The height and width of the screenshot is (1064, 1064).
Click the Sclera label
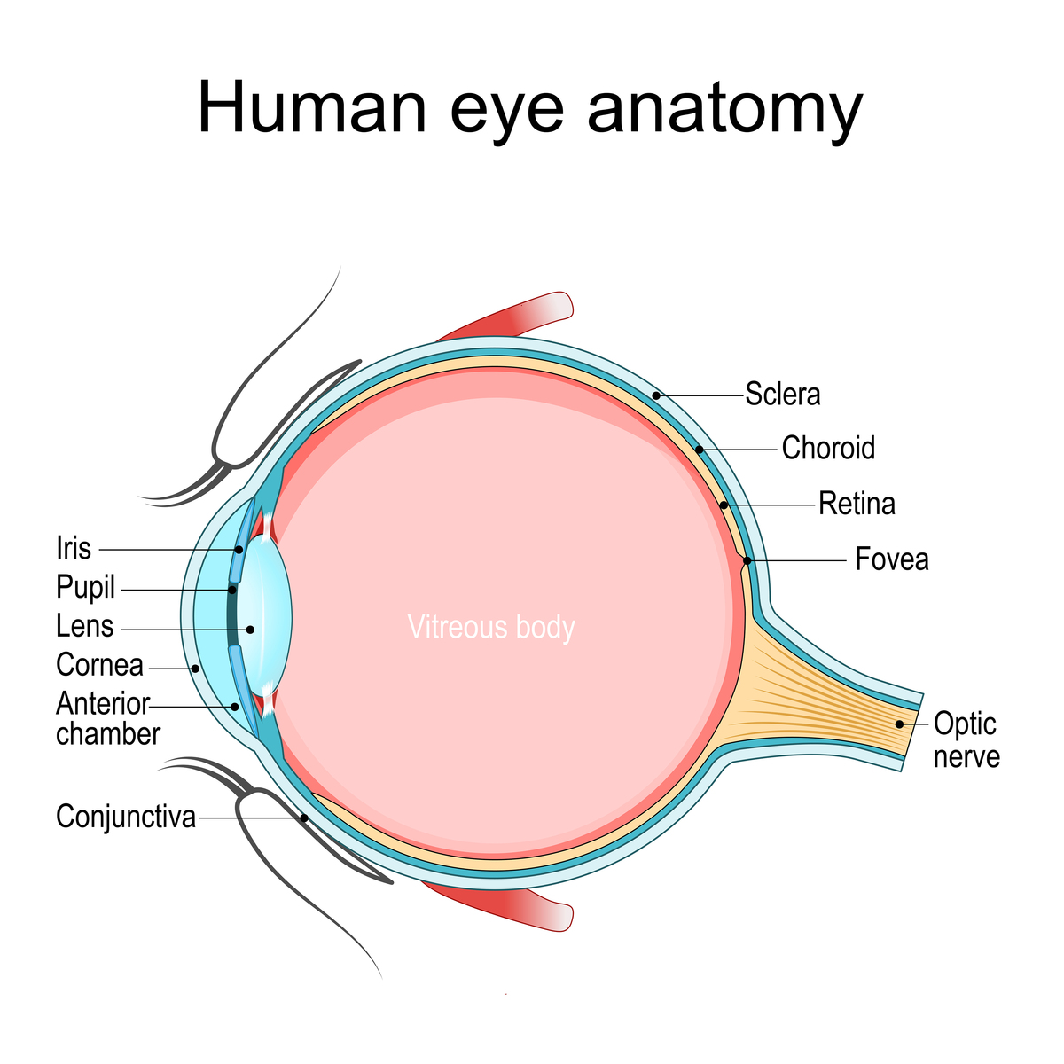point(782,395)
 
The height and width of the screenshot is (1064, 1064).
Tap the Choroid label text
point(828,448)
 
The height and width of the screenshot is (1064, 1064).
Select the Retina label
point(857,504)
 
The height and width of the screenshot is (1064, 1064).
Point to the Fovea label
point(892,559)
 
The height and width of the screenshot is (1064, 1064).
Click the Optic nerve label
point(966,739)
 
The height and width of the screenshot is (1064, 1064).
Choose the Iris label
point(74,548)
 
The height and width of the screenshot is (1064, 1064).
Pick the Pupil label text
point(86,588)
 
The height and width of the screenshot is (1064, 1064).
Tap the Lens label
point(84,626)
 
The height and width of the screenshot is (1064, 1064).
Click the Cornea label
point(99,664)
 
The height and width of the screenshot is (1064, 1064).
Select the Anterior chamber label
point(108,718)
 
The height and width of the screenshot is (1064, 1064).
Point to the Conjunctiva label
point(126,816)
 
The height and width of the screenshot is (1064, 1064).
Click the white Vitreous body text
point(491,628)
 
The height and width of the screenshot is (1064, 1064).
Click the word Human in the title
point(312,106)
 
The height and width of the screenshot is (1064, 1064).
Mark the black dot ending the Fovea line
point(747,561)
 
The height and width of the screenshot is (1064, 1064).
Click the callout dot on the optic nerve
point(899,724)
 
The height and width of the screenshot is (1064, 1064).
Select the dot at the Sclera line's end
point(656,395)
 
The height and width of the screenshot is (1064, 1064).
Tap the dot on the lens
point(250,630)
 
